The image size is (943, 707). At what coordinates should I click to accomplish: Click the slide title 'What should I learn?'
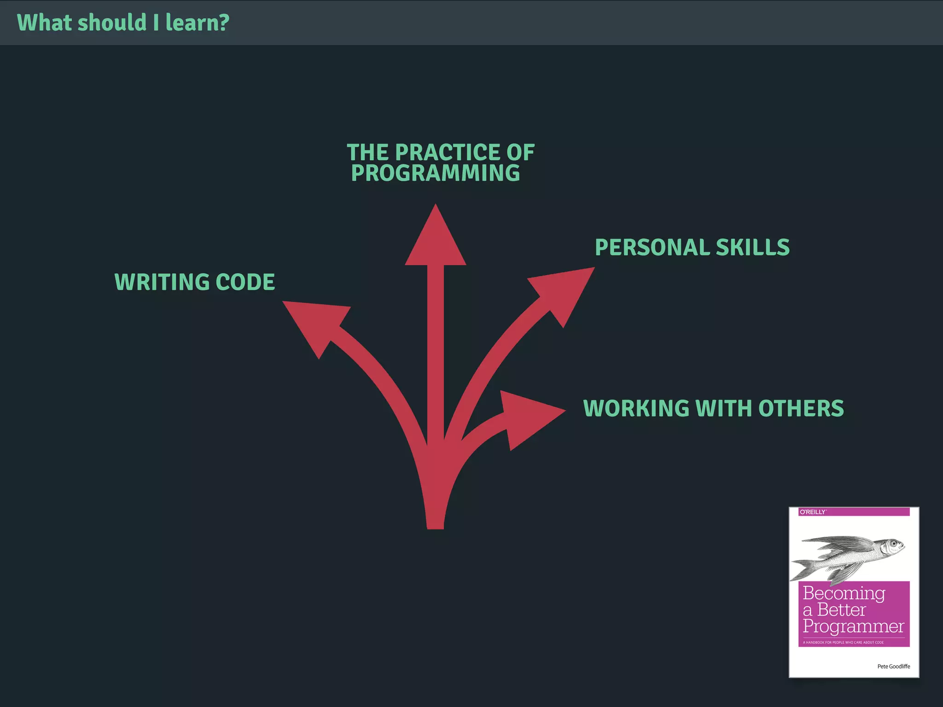pos(123,23)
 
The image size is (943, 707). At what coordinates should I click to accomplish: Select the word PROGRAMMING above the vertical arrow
pos(435,173)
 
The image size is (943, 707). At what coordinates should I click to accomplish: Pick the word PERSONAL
pos(652,247)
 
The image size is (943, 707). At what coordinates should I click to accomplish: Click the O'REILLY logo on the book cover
pos(813,512)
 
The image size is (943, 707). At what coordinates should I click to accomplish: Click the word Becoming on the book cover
pos(844,593)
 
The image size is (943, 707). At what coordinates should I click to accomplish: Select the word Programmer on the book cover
pos(853,626)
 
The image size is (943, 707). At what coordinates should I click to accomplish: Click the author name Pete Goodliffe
pos(893,666)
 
